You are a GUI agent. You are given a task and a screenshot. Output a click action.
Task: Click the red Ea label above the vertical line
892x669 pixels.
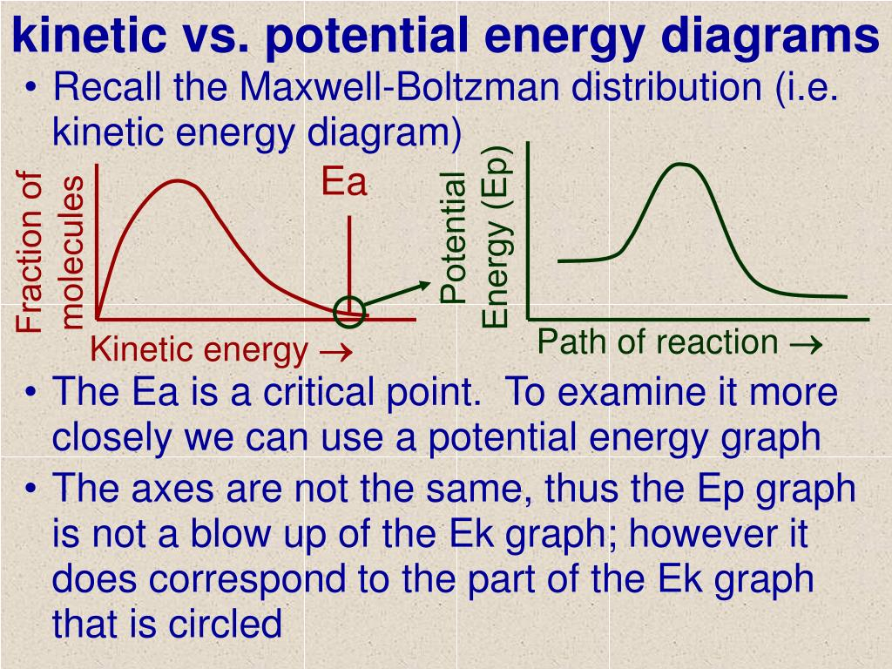[344, 182]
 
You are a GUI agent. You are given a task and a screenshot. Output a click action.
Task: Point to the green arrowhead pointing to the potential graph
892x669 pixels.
[424, 285]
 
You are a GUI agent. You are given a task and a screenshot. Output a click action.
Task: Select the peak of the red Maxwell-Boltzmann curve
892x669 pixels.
[179, 181]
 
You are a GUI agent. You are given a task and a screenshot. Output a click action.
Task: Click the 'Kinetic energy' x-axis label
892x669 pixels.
[199, 350]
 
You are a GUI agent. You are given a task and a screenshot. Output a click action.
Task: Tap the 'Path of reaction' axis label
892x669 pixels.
[657, 341]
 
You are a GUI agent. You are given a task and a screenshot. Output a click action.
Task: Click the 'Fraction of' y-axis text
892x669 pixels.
[30, 252]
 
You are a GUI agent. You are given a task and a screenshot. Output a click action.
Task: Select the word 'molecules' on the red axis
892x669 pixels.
[72, 252]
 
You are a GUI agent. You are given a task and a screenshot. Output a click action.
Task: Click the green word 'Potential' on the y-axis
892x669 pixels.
[454, 238]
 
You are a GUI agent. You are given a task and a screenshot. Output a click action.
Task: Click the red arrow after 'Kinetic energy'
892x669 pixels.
[336, 352]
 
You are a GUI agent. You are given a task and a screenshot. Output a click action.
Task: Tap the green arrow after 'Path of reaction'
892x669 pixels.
[806, 344]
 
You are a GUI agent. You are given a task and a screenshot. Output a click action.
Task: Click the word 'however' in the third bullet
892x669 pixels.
[702, 534]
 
